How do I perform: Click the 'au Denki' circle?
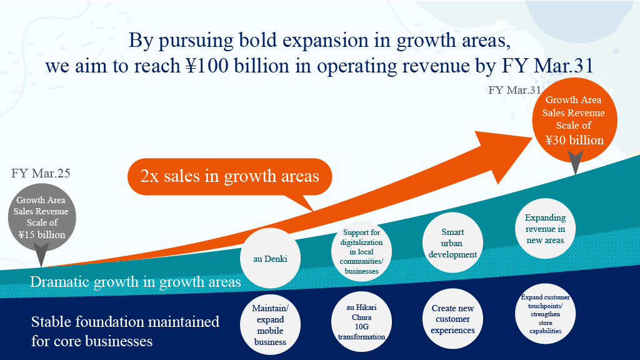tap(270, 258)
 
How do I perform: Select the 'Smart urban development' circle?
tap(452, 243)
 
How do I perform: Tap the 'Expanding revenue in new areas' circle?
tap(545, 229)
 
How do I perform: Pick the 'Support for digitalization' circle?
tap(361, 251)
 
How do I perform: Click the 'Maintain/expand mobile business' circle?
tap(270, 325)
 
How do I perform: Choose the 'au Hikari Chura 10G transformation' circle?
tap(361, 322)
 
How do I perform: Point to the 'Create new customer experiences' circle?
tap(452, 319)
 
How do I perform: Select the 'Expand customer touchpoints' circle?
tap(545, 314)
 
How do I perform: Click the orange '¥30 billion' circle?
tap(575, 121)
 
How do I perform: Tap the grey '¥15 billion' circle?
tap(42, 217)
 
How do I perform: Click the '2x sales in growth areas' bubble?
tap(230, 177)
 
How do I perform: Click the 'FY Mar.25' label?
tap(41, 173)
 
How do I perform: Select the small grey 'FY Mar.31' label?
tap(515, 90)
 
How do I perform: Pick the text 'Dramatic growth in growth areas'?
tap(135, 282)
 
